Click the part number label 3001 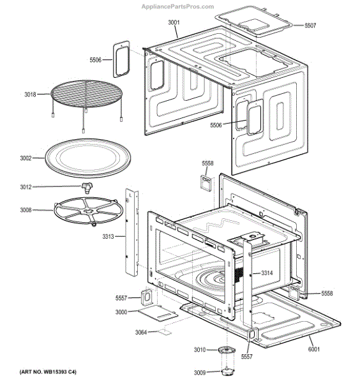click(174, 22)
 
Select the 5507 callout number click(310, 26)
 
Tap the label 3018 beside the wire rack click(30, 94)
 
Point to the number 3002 click(26, 158)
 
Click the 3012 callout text click(26, 187)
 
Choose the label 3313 click(109, 237)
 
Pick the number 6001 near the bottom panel click(313, 349)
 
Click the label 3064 click(141, 332)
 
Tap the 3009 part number click(200, 372)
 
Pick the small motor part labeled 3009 click(226, 372)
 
